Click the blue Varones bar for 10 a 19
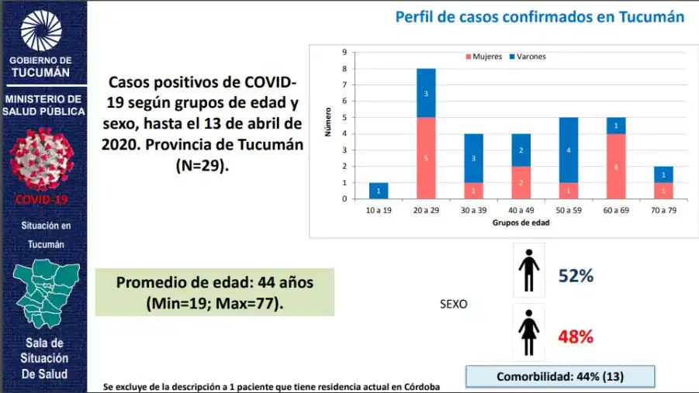point(379,191)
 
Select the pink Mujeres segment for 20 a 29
point(426,158)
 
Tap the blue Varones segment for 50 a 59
point(569,150)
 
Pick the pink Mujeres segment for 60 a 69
point(617,166)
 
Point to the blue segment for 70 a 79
point(664,174)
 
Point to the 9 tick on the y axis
point(344,52)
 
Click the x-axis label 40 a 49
point(521,210)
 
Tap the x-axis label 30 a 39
point(473,210)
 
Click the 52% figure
point(576,275)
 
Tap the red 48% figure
point(576,337)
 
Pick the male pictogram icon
point(529,271)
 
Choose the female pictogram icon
point(529,332)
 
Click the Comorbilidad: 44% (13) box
point(559,377)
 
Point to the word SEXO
point(454,305)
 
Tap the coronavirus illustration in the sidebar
point(43,159)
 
